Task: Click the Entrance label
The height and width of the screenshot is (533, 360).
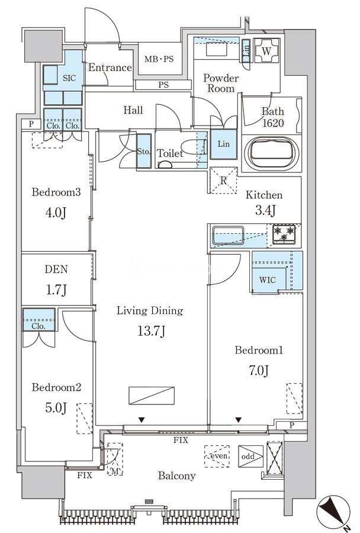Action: click(110, 68)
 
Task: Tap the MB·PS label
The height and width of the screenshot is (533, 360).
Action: click(159, 59)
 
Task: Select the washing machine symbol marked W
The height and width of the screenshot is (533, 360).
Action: click(267, 51)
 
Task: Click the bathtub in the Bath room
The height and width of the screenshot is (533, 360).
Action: click(271, 153)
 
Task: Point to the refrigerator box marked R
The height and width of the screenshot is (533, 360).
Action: click(223, 181)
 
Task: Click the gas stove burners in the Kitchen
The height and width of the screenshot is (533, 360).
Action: click(284, 234)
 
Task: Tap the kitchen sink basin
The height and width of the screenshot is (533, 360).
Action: click(228, 236)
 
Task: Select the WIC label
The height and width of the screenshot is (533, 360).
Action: click(268, 280)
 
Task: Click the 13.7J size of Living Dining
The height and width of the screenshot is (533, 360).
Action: click(152, 330)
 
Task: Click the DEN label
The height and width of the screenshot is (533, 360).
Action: click(56, 269)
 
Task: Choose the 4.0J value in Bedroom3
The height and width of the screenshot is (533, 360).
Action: click(56, 213)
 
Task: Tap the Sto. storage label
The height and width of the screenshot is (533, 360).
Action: click(143, 152)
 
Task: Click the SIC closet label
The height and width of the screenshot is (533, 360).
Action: click(69, 78)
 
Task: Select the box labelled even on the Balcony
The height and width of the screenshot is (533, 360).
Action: click(217, 456)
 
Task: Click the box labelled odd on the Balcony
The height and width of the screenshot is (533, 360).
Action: click(251, 456)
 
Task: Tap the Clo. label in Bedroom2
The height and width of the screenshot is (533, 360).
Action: click(38, 326)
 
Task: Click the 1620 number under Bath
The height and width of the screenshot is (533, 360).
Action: click(273, 123)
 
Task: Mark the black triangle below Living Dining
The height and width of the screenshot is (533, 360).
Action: click(142, 420)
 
